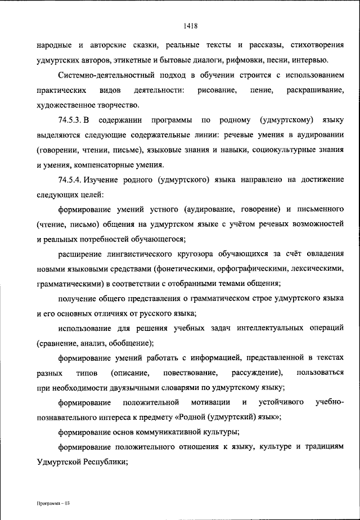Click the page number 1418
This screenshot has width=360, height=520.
point(190,24)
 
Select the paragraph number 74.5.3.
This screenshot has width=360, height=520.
point(70,120)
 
